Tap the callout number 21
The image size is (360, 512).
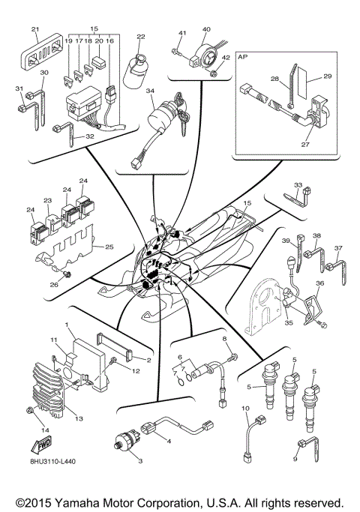[x=34, y=29]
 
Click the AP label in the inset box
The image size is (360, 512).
[x=244, y=55]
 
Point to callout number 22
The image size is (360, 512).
[x=141, y=36]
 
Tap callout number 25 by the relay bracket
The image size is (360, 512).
[x=109, y=247]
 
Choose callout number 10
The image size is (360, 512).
[x=245, y=409]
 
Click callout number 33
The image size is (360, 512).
[x=298, y=185]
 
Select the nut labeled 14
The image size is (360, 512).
[x=28, y=410]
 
